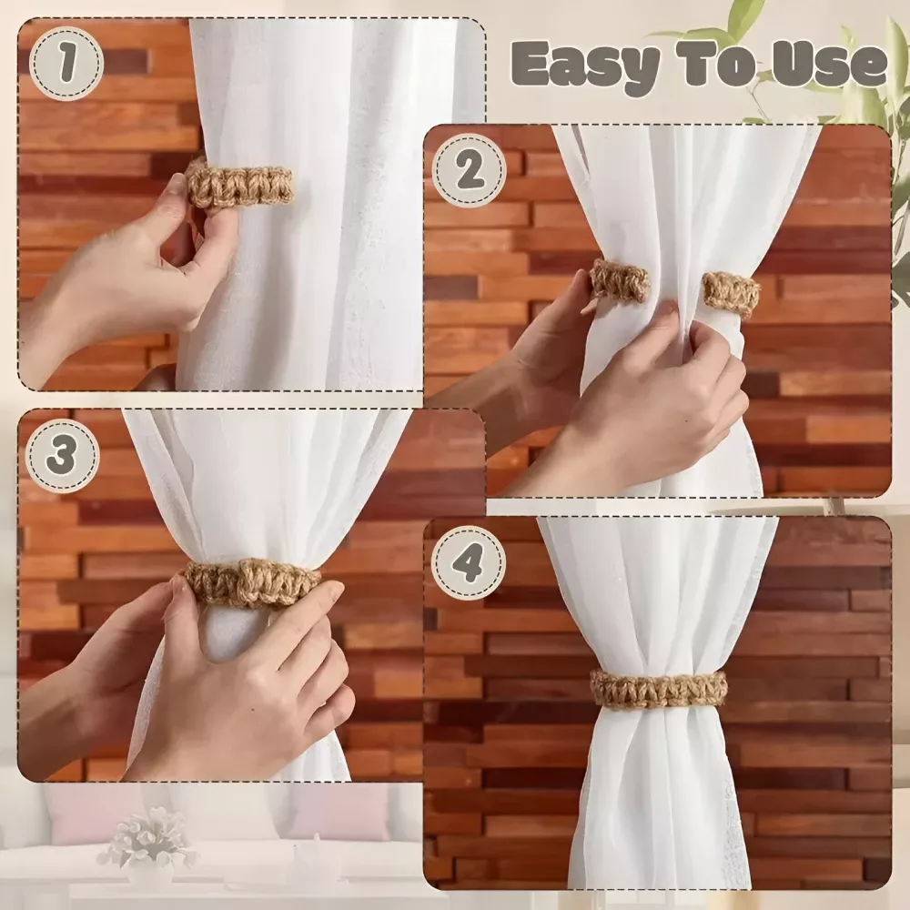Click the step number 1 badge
pyautogui.click(x=66, y=64)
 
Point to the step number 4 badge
pyautogui.click(x=469, y=562)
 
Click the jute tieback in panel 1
pyautogui.click(x=239, y=183)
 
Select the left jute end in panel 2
pyautogui.click(x=619, y=280)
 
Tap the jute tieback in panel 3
pyautogui.click(x=253, y=581)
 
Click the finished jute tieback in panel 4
pyautogui.click(x=659, y=688)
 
